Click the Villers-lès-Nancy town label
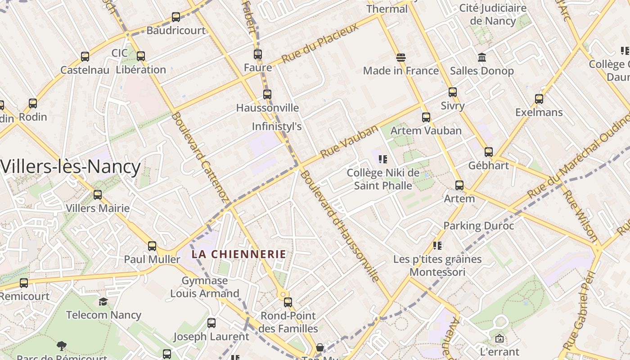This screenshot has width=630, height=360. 71,167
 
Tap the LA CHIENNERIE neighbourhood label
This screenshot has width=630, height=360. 239,254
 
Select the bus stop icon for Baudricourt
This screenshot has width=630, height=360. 176,18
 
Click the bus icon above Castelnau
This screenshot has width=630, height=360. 85,57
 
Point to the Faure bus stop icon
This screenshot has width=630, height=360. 258,54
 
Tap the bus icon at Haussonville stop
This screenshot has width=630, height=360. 267,94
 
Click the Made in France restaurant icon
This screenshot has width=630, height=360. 400,58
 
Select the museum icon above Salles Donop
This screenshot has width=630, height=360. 482,58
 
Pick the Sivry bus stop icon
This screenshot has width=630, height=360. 453,92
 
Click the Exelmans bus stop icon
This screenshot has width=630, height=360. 539,99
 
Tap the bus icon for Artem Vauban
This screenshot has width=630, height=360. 426,117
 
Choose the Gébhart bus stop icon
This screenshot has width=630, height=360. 489,152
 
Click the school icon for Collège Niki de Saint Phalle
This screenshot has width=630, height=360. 383,159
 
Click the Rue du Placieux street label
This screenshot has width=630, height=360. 320,43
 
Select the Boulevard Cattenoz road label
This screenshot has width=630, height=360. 200,157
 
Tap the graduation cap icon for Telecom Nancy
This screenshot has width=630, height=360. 103,301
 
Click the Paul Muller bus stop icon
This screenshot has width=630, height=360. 152,246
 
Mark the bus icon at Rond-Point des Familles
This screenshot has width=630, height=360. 288,302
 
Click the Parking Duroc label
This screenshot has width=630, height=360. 479,226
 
